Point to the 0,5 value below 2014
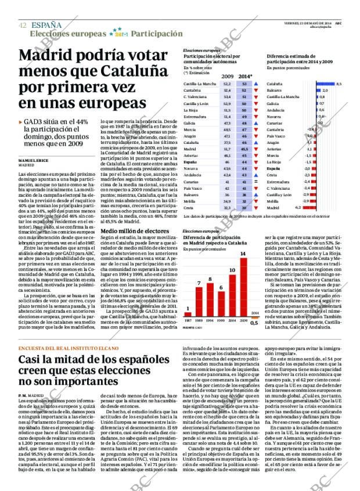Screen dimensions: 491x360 254,323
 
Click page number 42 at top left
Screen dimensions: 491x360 22,25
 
